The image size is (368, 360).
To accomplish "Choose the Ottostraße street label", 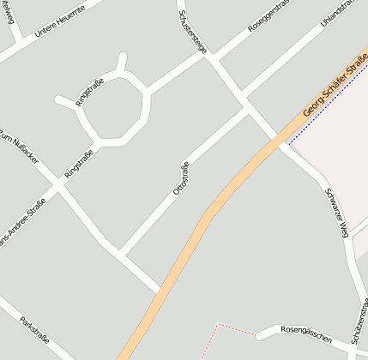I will click(x=181, y=177).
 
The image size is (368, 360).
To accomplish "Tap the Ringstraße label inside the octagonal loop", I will click(x=89, y=91).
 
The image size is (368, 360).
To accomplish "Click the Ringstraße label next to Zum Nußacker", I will click(x=79, y=164).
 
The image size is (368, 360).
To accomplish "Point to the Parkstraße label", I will click(x=33, y=332).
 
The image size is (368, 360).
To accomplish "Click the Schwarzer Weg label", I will click(x=335, y=211).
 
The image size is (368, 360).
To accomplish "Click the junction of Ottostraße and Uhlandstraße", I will click(x=248, y=108).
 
